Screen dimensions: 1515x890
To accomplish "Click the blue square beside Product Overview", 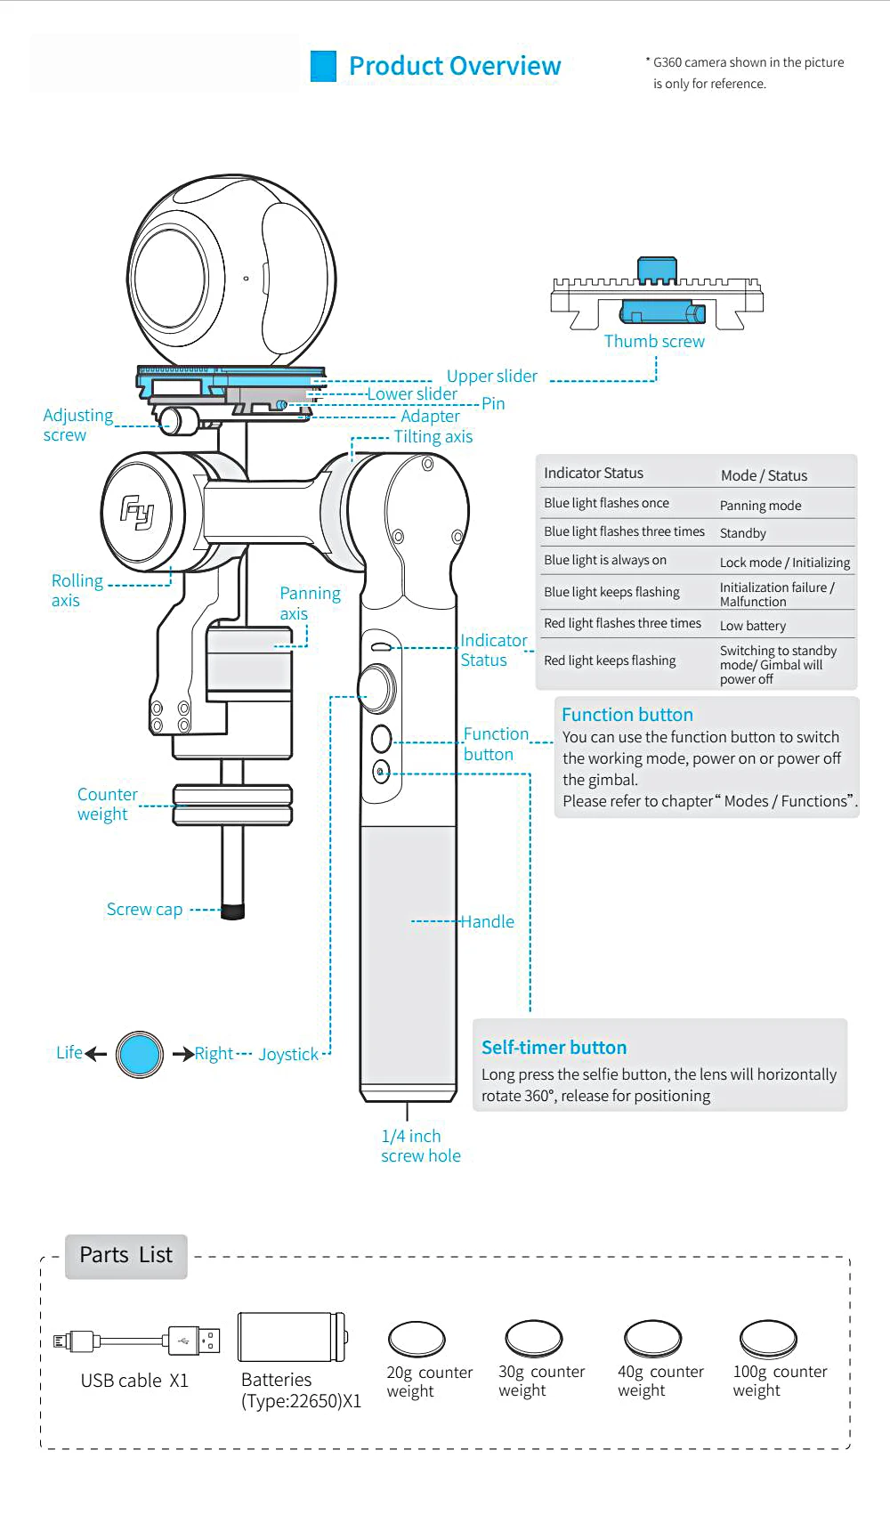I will point(323,67).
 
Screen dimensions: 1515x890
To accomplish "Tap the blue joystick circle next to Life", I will point(140,1055).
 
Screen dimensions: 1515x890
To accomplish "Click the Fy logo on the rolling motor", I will point(138,513).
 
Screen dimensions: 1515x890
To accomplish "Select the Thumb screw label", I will point(654,342).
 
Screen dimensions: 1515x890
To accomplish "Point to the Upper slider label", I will point(491,377).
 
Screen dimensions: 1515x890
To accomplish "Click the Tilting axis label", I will point(433,437).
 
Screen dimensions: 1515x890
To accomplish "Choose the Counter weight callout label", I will point(107,805).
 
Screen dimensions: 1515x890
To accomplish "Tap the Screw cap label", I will point(144,910).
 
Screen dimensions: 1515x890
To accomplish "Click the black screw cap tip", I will point(233,911).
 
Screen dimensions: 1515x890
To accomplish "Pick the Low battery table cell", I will point(753,626).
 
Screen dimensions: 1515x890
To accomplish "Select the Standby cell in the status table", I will point(743,533).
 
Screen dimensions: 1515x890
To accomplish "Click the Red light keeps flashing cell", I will point(610,660).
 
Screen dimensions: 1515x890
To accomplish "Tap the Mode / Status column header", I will point(764,475).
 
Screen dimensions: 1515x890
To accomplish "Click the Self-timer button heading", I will point(554,1048).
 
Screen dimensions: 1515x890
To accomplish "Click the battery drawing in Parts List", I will point(292,1337).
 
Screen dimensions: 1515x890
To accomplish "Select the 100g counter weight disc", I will point(768,1338).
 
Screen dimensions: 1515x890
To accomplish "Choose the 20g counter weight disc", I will point(417,1339).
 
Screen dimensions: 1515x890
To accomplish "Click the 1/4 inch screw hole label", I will point(420,1146).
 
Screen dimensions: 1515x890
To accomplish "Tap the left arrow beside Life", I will point(96,1055).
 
